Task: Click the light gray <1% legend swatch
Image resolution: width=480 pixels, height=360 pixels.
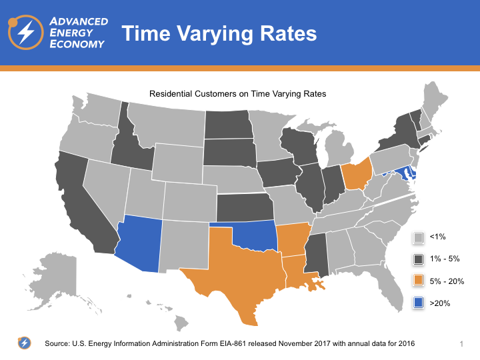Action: pos(419,237)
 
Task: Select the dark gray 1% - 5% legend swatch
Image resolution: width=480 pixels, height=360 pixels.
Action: pos(419,259)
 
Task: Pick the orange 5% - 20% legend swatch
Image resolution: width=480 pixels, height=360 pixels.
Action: pos(419,281)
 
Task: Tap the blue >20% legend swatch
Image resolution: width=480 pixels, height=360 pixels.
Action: pos(419,303)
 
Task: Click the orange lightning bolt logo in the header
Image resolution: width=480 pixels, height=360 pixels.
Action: pos(27,33)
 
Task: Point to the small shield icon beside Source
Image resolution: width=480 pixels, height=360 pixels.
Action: pos(24,343)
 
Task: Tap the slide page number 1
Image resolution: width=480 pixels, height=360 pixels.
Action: pos(461,343)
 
